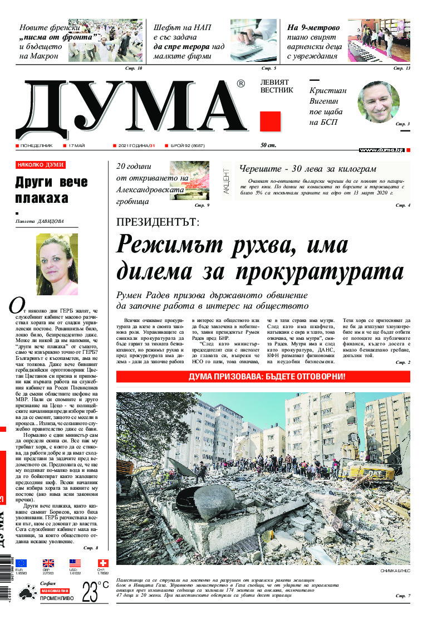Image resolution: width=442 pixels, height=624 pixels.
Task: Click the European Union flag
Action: tap(21, 563)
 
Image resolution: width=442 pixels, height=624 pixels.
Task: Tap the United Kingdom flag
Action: tap(49, 563)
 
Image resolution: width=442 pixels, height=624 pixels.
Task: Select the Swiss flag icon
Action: tap(102, 563)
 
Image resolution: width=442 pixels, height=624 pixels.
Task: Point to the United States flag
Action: tap(75, 563)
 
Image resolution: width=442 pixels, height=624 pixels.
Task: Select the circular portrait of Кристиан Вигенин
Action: tap(378, 102)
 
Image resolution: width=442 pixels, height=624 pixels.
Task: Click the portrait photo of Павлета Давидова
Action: tap(56, 265)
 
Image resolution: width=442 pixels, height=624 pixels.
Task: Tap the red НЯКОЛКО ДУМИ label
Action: tap(41, 165)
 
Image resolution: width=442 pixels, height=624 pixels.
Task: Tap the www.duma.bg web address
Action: tap(381, 150)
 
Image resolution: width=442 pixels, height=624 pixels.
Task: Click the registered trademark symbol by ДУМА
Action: tap(240, 84)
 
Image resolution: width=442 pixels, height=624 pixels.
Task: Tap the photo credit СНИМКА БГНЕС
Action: tap(395, 572)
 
